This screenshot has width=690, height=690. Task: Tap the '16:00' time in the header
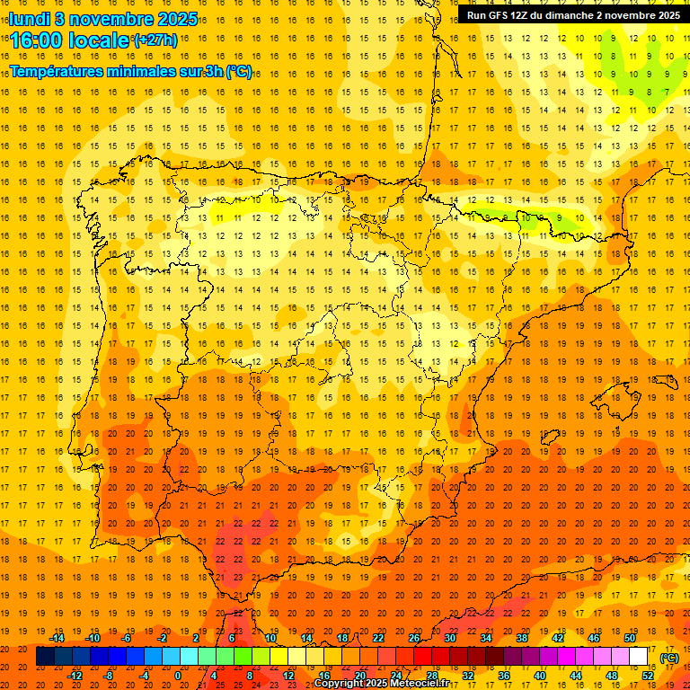[x=37, y=40]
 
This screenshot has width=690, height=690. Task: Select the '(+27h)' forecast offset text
[x=155, y=40]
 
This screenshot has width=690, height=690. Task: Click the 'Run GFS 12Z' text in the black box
[x=500, y=15]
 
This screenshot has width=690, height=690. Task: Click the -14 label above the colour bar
[x=57, y=638]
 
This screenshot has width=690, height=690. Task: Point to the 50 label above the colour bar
[x=629, y=638]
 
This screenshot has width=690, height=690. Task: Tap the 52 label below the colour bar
[x=648, y=675]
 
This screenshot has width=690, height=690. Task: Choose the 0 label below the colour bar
[x=178, y=675]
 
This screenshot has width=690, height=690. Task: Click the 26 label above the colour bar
[x=413, y=638]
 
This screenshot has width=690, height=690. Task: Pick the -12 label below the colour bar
[x=75, y=675]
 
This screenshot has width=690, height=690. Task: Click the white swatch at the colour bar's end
[x=639, y=657]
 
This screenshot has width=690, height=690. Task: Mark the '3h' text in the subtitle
[x=213, y=71]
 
